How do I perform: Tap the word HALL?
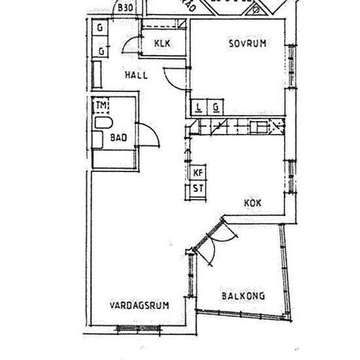[x=136, y=75]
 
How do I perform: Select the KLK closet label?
[x=163, y=44]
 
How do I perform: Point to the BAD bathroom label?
[x=118, y=137]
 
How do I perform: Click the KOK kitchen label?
[x=253, y=204]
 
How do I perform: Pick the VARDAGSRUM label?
[x=139, y=306]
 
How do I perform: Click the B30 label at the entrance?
[x=126, y=9]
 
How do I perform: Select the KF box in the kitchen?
[x=198, y=173]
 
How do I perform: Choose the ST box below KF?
[x=198, y=189]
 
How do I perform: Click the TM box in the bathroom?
[x=101, y=105]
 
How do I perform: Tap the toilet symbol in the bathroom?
[x=102, y=123]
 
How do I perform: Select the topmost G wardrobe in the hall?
[x=101, y=29]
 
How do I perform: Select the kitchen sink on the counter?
[x=262, y=126]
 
